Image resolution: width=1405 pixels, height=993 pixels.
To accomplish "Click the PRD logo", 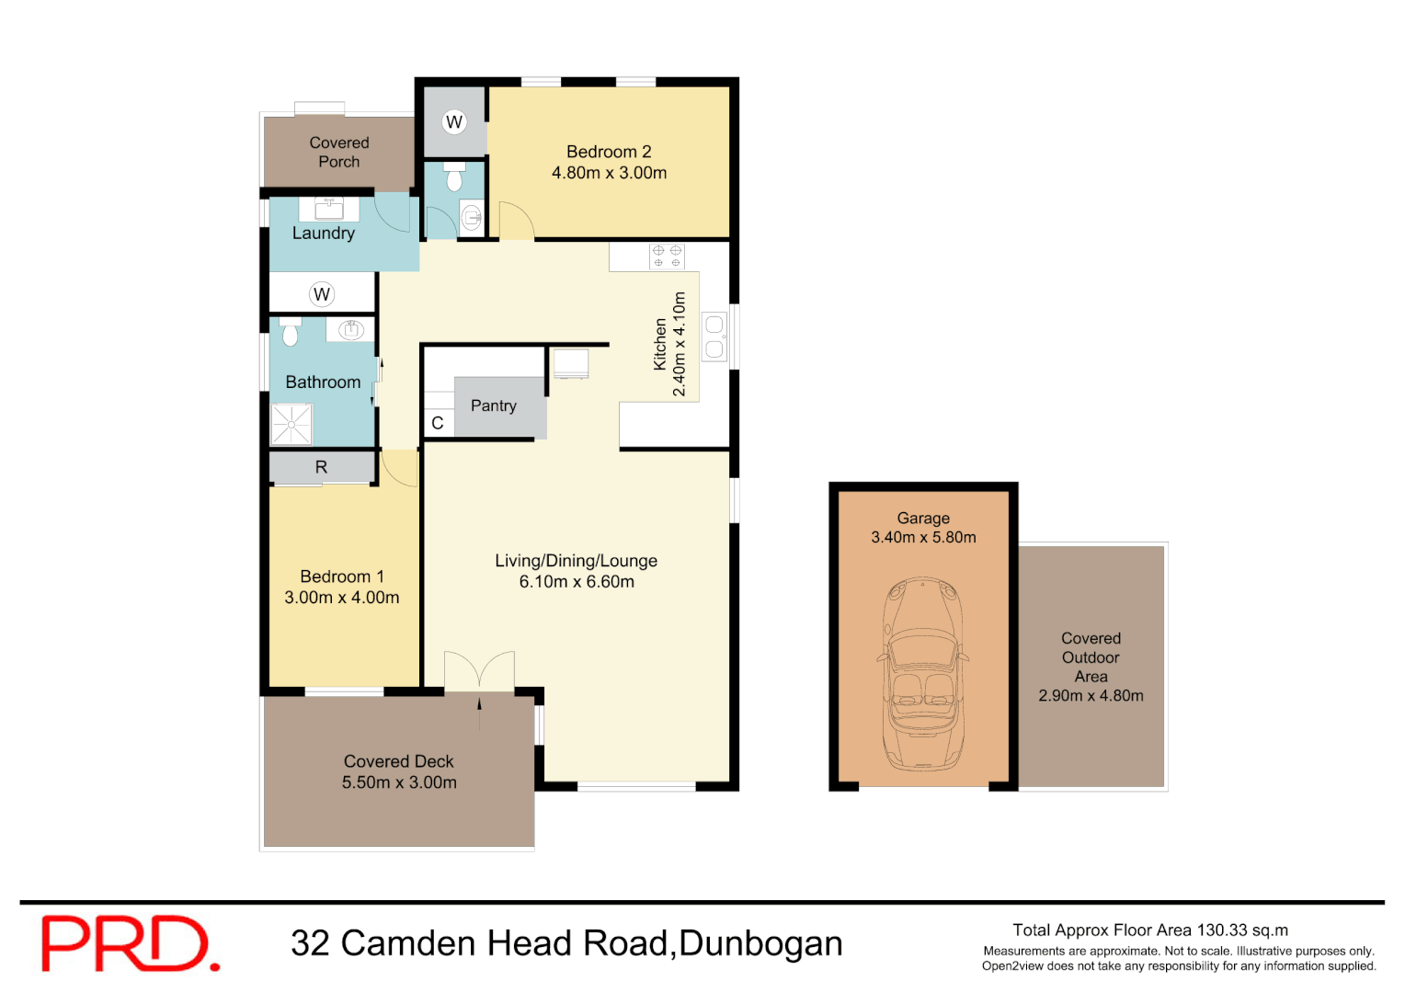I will click(x=130, y=943).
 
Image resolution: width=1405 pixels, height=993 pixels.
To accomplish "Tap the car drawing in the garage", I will click(x=923, y=674).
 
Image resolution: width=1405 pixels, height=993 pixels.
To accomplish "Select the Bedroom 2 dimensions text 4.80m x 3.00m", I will click(x=609, y=173).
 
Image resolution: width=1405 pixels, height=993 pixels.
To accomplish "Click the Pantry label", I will click(x=494, y=405).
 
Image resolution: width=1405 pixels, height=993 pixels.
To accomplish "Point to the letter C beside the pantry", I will click(x=438, y=423).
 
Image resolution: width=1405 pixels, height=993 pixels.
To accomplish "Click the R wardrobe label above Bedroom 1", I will click(x=321, y=467).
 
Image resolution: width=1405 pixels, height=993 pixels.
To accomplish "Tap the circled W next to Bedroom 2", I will click(x=454, y=121).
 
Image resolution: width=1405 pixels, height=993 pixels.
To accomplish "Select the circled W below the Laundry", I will click(x=321, y=294).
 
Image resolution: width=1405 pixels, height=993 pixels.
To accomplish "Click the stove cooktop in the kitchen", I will click(x=668, y=256).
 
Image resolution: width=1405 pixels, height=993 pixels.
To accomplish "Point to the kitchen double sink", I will click(x=714, y=337).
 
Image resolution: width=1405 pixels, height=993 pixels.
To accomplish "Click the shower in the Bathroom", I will click(x=291, y=424).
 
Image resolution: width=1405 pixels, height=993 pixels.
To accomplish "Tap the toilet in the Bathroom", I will click(x=291, y=332).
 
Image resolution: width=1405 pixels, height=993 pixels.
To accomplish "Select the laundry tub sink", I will click(x=329, y=209).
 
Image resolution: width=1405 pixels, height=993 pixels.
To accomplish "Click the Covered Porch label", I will click(x=339, y=152).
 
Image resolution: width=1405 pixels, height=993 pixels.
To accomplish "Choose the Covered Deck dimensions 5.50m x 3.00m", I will click(x=399, y=782).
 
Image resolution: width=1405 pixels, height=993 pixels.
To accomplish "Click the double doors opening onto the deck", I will click(x=479, y=672).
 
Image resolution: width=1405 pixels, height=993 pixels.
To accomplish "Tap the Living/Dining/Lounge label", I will click(x=576, y=561).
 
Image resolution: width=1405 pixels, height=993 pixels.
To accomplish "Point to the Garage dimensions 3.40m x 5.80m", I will click(x=923, y=537).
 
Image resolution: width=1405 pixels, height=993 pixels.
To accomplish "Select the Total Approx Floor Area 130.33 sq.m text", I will click(x=1150, y=930).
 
